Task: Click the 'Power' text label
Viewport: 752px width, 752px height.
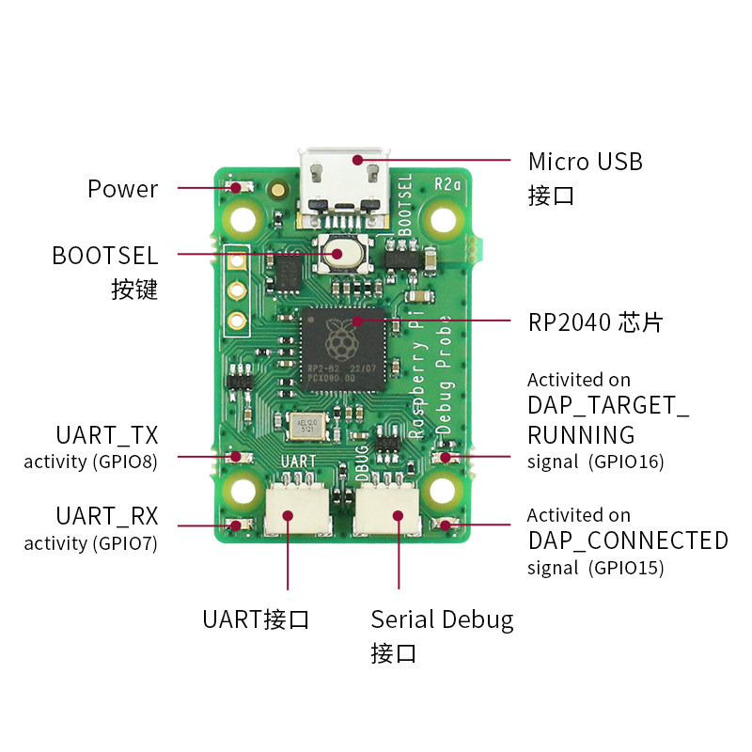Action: coord(122,189)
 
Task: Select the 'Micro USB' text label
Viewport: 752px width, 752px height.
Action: coord(585,162)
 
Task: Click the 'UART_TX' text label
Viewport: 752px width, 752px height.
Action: coord(106,435)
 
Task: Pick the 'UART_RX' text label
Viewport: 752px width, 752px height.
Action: coord(106,516)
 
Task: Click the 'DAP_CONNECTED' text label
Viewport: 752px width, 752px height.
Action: coord(628,540)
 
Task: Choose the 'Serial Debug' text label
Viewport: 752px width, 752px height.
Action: coord(442,619)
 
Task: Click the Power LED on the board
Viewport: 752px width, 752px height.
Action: coord(237,187)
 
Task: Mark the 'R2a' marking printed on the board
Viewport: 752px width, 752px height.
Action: coord(446,184)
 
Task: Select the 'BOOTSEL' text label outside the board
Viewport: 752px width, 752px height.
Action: coord(105,256)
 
